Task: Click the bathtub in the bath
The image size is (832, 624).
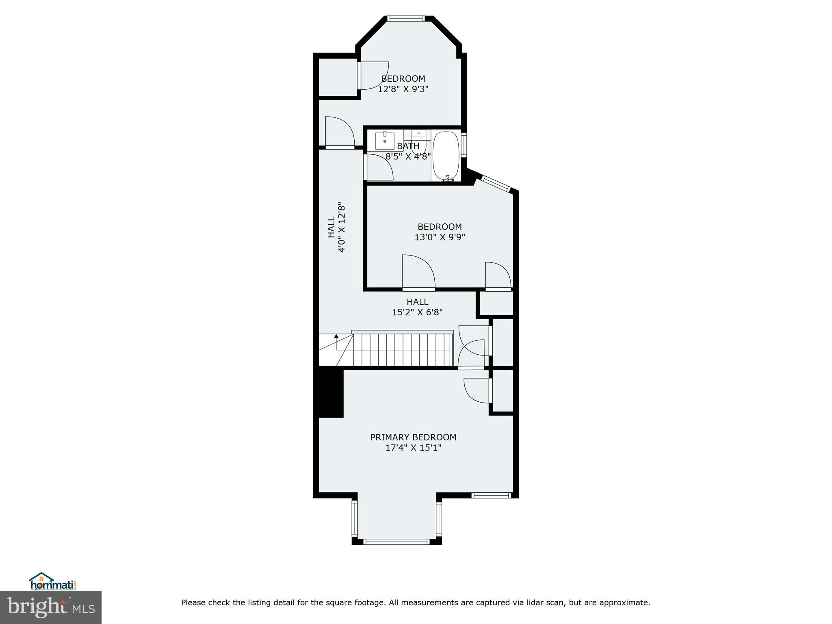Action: tap(446, 156)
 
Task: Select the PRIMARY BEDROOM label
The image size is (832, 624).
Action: tap(413, 437)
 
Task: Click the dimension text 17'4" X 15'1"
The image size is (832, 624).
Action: tap(413, 448)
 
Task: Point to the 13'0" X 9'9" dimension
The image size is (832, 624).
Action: tap(440, 237)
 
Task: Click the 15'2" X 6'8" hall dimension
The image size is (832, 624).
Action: tap(417, 312)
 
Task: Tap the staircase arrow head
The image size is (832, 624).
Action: tap(336, 336)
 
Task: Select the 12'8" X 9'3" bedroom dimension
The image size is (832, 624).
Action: tap(403, 89)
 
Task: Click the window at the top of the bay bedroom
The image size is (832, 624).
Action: tap(406, 18)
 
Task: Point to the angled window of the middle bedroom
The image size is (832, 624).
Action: tap(496, 183)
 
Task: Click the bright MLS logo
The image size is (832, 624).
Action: tap(51, 607)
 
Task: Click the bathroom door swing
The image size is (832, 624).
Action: tap(381, 167)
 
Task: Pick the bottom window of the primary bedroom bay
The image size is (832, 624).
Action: tap(396, 542)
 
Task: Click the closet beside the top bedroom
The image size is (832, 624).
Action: tap(338, 77)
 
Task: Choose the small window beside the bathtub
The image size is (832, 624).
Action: tap(464, 144)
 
